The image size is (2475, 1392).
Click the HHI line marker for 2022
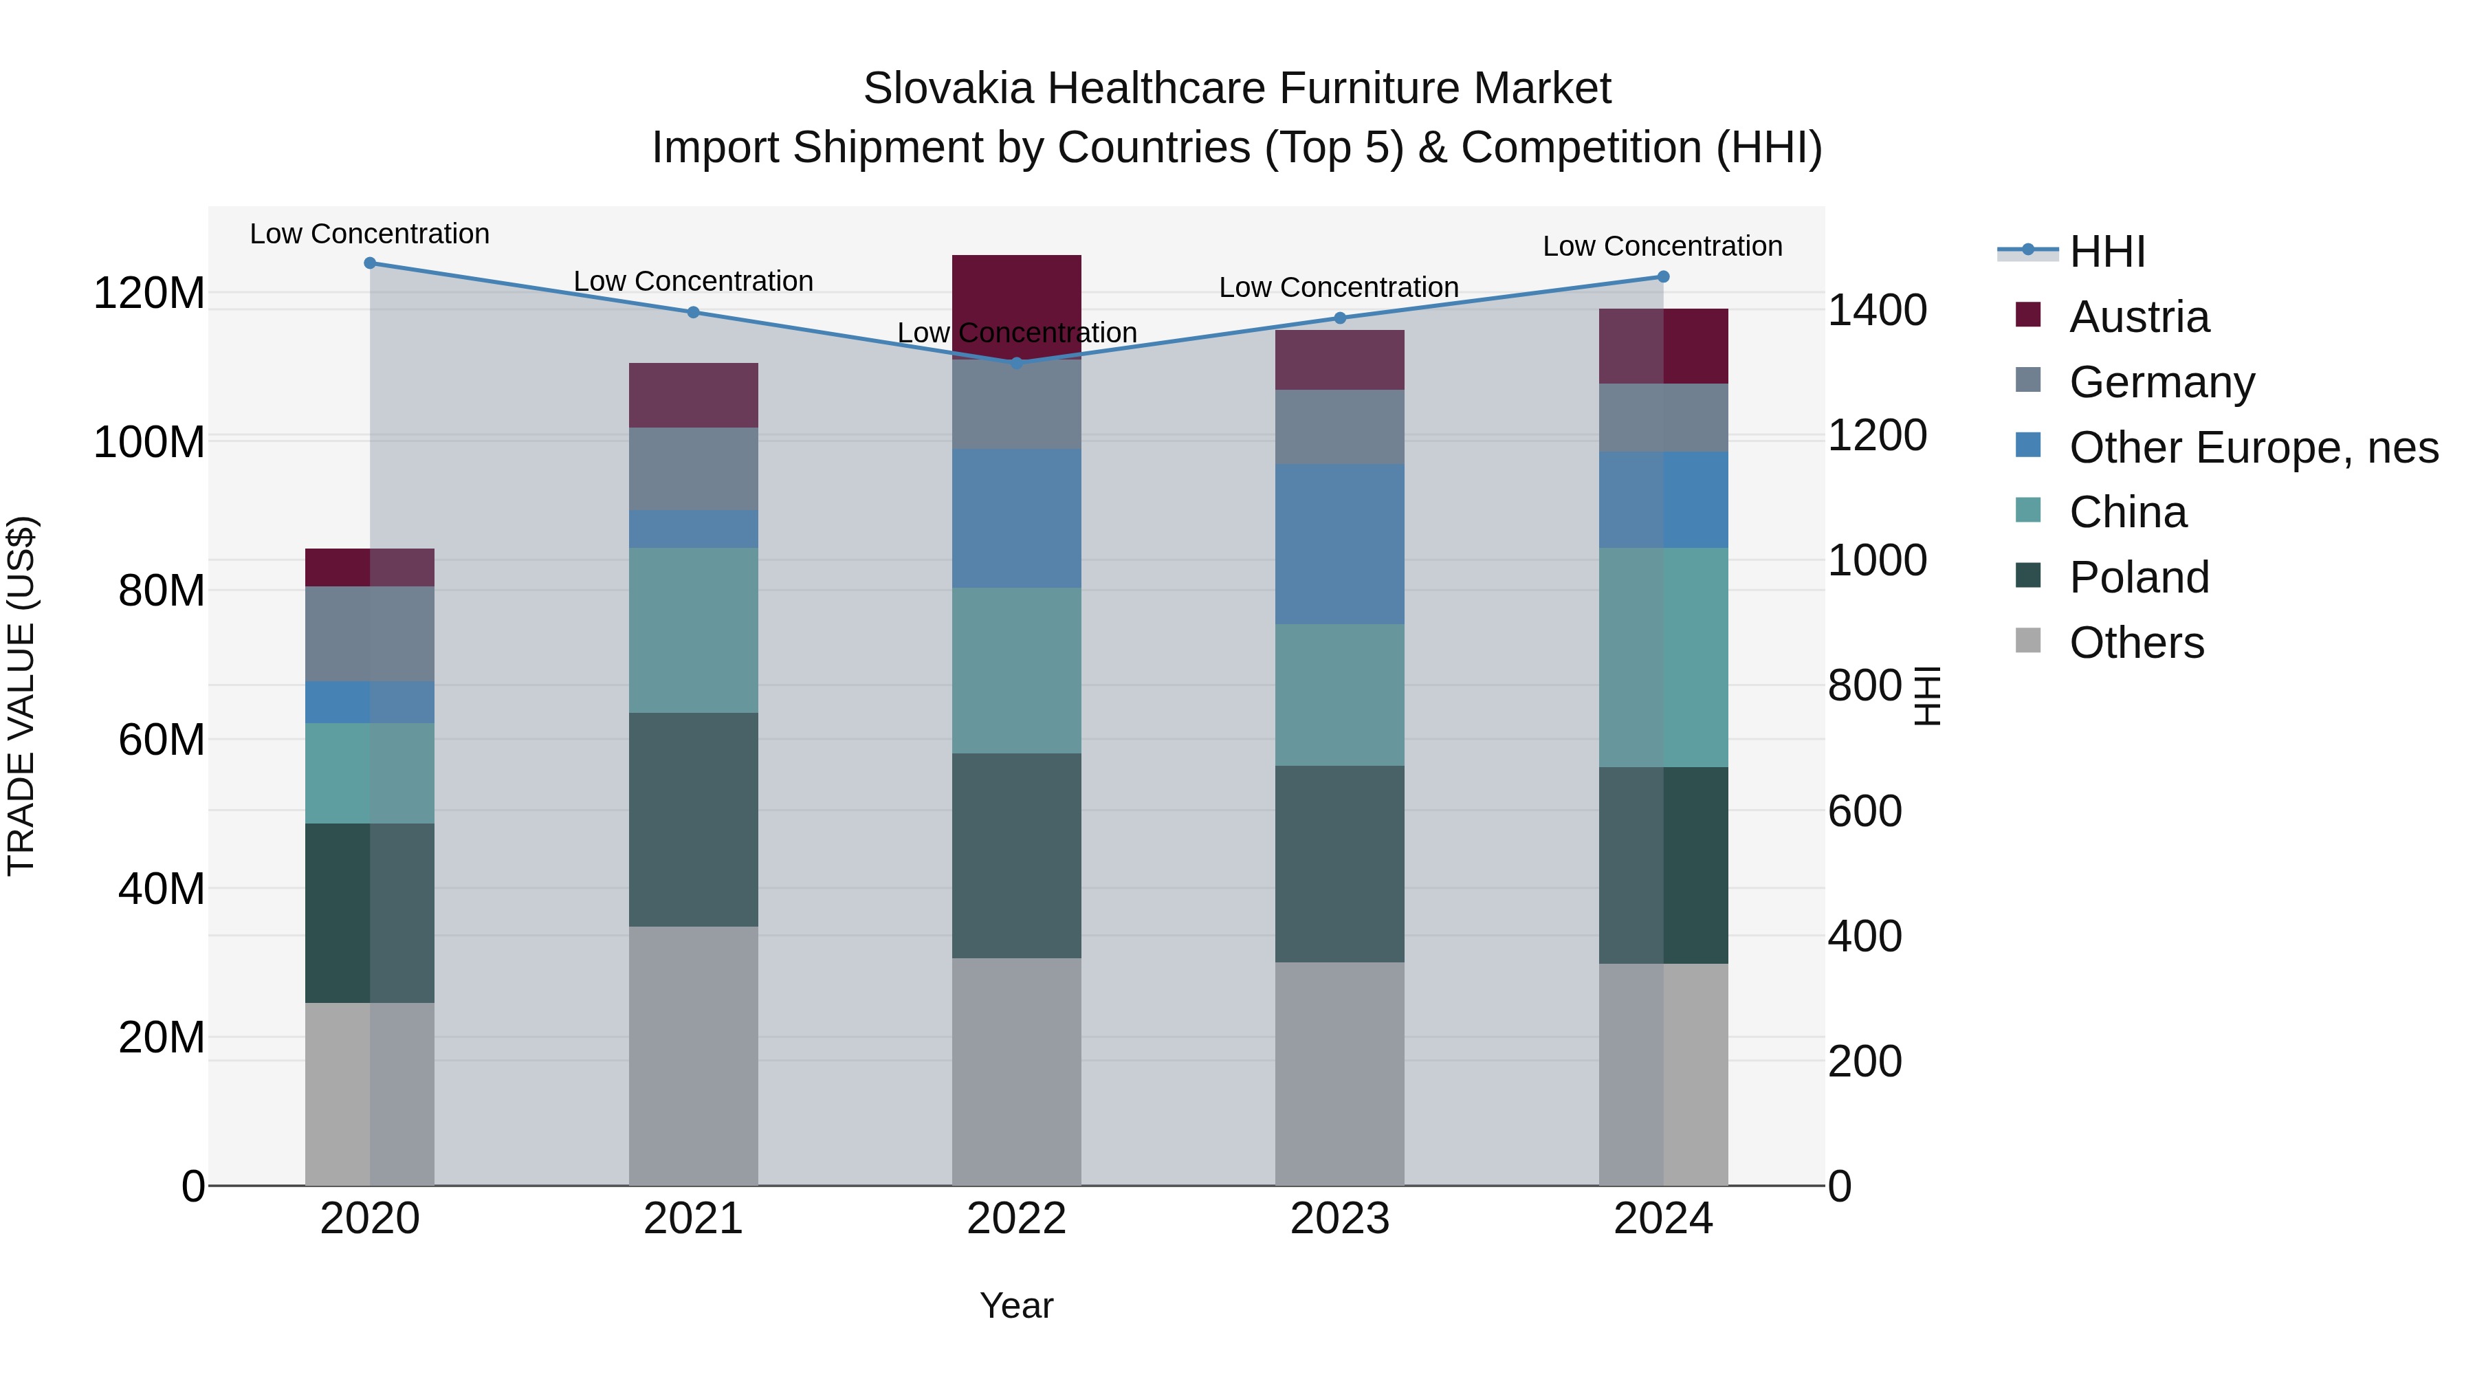1017,363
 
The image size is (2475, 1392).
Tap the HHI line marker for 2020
370,263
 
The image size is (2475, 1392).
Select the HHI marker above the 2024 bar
1663,276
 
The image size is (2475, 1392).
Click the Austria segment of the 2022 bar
1017,305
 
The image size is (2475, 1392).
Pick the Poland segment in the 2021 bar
693,819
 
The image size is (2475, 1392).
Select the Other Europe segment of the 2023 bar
1339,544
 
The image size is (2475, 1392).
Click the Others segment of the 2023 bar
1339,1073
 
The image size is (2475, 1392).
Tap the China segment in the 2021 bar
693,630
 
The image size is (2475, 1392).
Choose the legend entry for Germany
2161,382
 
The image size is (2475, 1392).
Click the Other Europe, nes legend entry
2253,448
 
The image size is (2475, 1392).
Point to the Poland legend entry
2139,577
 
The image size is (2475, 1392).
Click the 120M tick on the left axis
149,293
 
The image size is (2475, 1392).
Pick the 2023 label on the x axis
1339,1219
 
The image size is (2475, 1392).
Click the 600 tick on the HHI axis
1864,811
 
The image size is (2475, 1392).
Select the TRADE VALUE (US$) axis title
21,696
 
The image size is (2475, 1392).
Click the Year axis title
1017,1305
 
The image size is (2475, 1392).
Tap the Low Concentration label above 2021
693,281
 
